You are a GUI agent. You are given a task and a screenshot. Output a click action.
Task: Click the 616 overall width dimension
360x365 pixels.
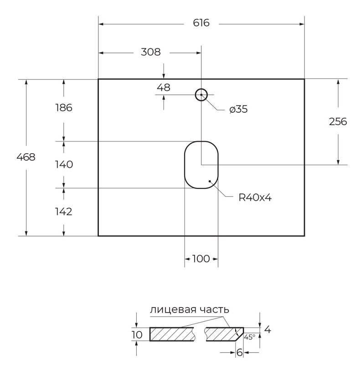click(x=201, y=23)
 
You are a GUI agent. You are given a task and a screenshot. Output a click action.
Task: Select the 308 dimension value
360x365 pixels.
click(x=151, y=52)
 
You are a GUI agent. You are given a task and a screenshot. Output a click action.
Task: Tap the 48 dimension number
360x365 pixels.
click(x=164, y=88)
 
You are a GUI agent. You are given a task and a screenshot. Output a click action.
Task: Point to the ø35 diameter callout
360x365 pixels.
click(x=238, y=109)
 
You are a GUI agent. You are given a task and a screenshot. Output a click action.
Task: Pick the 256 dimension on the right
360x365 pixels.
click(x=338, y=121)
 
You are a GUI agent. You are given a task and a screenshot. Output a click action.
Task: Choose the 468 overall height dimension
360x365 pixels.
click(x=26, y=157)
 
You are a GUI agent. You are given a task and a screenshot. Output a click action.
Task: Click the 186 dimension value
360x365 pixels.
click(x=64, y=108)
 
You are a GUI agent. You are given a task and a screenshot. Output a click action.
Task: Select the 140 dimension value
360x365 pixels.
click(x=64, y=165)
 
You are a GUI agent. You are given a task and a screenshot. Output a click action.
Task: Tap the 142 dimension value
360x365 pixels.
click(x=63, y=212)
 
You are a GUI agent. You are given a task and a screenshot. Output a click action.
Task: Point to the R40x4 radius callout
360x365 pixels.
click(x=255, y=198)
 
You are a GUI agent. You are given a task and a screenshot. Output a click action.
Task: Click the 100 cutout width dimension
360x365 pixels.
click(x=201, y=259)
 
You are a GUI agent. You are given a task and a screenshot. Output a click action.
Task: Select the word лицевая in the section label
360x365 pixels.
click(x=175, y=310)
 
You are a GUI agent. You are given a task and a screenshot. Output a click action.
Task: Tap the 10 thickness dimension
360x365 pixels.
click(x=137, y=335)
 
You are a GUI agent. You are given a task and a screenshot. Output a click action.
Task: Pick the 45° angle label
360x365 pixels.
click(x=250, y=337)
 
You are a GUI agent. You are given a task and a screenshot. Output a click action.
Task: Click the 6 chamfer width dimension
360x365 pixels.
click(x=240, y=352)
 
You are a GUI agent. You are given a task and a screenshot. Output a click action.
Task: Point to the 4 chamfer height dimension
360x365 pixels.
click(x=267, y=329)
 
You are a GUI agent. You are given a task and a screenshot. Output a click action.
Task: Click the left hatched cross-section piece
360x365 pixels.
click(x=172, y=334)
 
